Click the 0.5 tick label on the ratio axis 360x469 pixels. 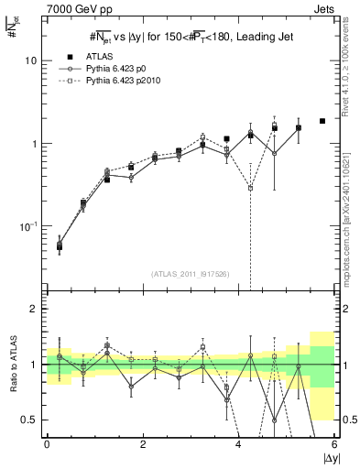pos(29,420)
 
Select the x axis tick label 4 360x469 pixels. pos(238,444)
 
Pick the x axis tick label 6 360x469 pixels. pos(334,444)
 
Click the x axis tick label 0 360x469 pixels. pos(47,444)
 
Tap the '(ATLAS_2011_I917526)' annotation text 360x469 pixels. pos(189,273)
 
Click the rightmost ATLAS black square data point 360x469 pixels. pos(322,121)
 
